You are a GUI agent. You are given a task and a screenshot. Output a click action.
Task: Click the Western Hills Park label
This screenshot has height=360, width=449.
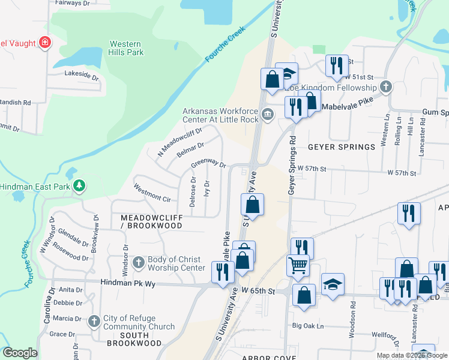pos(126,48)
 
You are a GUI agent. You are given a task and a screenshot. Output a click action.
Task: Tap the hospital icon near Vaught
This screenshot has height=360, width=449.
pos(44,42)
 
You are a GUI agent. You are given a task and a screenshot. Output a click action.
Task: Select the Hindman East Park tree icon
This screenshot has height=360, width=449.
pos(79,187)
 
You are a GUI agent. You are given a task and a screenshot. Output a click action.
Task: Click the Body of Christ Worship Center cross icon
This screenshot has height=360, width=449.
pos(138,262)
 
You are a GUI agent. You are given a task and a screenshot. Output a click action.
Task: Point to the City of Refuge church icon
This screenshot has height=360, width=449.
pos(94,322)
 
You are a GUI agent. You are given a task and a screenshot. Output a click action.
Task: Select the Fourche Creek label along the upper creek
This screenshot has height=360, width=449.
pos(226,44)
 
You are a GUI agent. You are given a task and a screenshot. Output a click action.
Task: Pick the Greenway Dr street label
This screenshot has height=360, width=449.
pos(208,164)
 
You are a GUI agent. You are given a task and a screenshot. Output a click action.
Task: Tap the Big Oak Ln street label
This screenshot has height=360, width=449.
pos(308,326)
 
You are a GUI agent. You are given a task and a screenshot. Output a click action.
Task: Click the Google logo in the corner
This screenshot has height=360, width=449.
pos(20,353)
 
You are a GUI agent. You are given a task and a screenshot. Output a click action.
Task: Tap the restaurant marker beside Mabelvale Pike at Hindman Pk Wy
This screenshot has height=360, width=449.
pos(222,272)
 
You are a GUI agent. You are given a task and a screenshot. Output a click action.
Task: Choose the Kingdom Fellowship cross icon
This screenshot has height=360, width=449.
pos(385,88)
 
